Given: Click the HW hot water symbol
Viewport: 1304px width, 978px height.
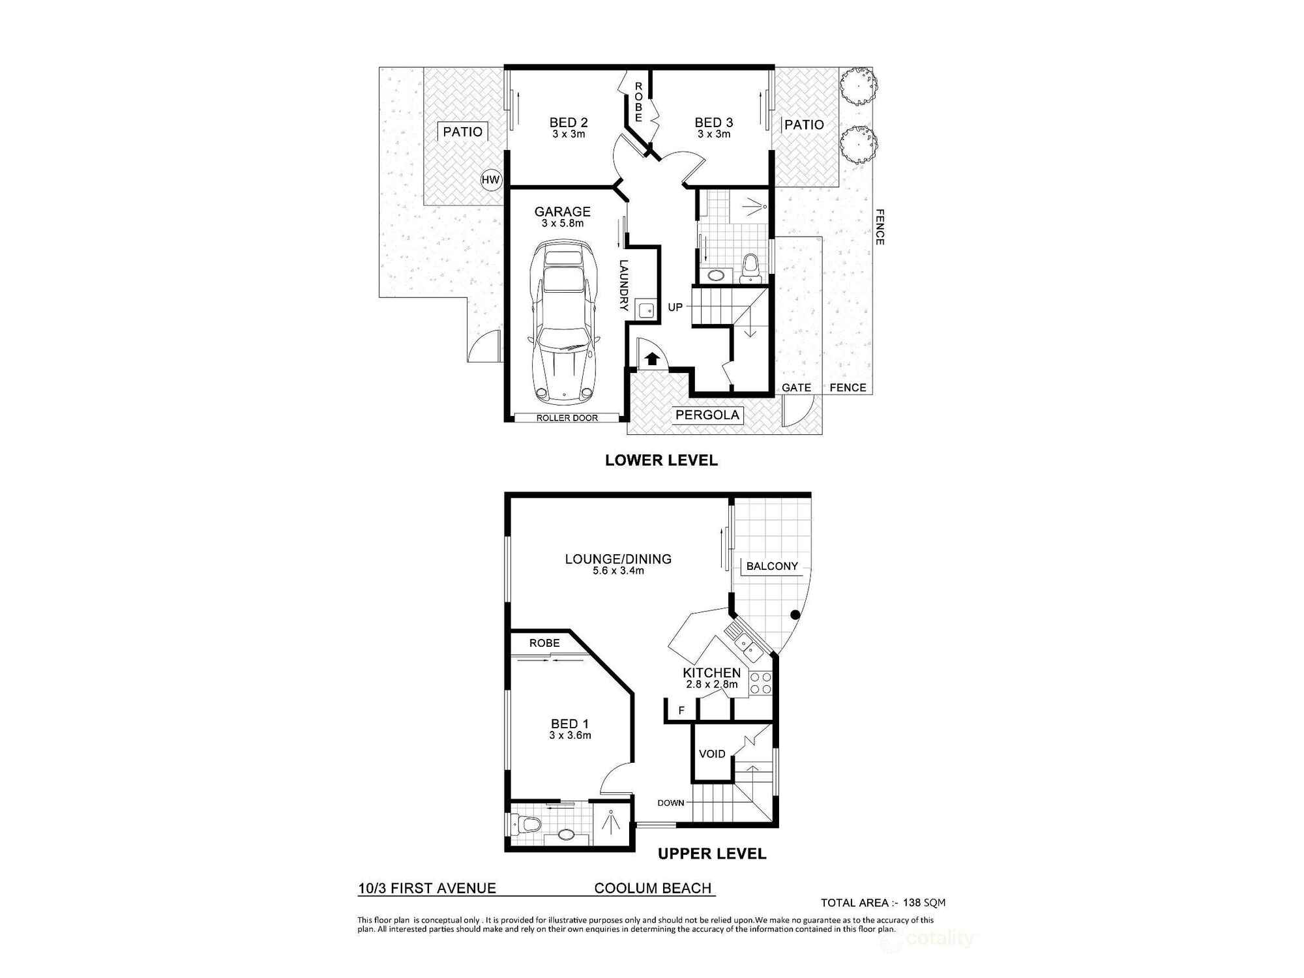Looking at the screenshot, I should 490,180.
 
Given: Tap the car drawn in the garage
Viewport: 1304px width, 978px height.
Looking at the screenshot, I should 563,322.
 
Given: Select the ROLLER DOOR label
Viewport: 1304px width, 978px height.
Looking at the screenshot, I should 567,418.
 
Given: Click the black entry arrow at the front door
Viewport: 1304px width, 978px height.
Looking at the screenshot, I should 651,357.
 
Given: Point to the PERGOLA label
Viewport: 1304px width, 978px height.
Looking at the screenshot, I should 707,415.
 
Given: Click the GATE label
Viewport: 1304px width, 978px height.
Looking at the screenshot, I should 796,387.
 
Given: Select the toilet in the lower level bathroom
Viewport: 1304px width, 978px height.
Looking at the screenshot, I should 751,267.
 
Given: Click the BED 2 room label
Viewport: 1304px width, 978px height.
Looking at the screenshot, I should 569,123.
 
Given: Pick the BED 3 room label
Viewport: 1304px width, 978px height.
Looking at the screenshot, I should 714,123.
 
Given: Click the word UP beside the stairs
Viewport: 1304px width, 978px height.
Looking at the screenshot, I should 675,307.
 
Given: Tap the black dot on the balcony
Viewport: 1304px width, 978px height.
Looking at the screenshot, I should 795,614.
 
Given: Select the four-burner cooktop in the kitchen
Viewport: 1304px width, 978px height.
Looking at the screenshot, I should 760,683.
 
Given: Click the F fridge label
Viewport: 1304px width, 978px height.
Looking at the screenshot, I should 681,710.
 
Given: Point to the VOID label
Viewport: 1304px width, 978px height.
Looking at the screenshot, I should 712,754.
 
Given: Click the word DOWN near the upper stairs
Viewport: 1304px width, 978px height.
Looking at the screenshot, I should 670,803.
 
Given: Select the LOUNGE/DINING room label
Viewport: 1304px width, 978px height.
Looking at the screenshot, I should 618,559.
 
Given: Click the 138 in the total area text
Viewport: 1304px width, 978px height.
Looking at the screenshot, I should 911,903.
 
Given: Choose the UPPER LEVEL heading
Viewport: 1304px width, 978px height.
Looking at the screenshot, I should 712,853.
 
